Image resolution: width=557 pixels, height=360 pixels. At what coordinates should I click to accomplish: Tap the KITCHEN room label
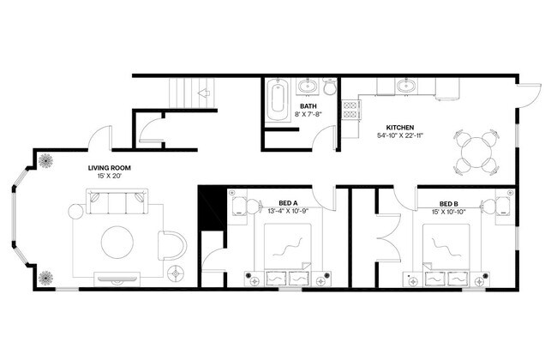point(400,124)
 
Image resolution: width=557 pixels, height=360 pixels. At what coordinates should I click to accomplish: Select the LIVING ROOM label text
point(109,168)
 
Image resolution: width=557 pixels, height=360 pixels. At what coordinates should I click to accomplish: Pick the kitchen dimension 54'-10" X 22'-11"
point(400,135)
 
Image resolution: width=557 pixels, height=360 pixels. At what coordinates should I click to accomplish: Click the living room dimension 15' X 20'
point(109,177)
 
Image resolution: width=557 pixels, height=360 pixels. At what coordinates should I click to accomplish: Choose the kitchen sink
point(405,86)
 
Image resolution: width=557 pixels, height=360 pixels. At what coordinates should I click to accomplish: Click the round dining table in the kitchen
point(476,152)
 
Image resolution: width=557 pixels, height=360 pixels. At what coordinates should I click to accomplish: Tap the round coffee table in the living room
point(117,242)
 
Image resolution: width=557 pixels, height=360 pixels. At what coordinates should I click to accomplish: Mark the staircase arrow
point(204,91)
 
